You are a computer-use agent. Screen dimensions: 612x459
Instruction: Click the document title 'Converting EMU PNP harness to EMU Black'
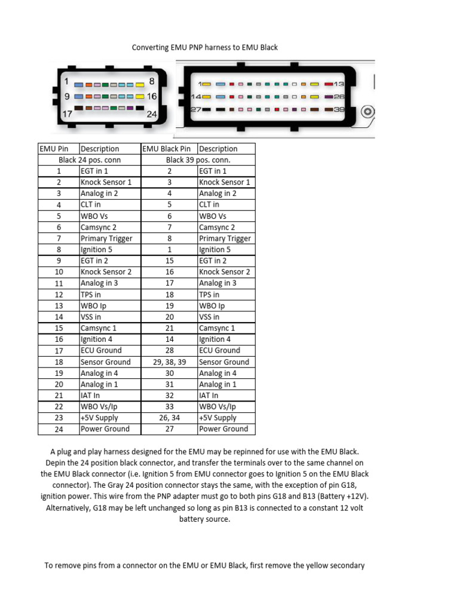[x=204, y=47]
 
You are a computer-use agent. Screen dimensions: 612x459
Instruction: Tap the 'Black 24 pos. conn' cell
[x=90, y=160]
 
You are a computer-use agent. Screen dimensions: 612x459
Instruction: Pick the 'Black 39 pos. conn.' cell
[x=198, y=160]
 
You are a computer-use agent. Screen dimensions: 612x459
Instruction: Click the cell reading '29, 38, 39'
[x=169, y=362]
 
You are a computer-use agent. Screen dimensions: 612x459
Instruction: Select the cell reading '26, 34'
[x=169, y=418]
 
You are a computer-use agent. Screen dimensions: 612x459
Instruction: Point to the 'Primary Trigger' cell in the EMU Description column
[x=106, y=238]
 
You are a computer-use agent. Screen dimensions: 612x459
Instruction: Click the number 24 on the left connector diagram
[x=152, y=114]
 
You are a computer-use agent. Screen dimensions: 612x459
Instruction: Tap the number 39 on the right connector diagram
[x=339, y=110]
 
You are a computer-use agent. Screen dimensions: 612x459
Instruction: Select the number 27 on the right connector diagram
[x=195, y=110]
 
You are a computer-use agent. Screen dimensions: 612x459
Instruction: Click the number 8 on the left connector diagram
[x=152, y=81]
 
